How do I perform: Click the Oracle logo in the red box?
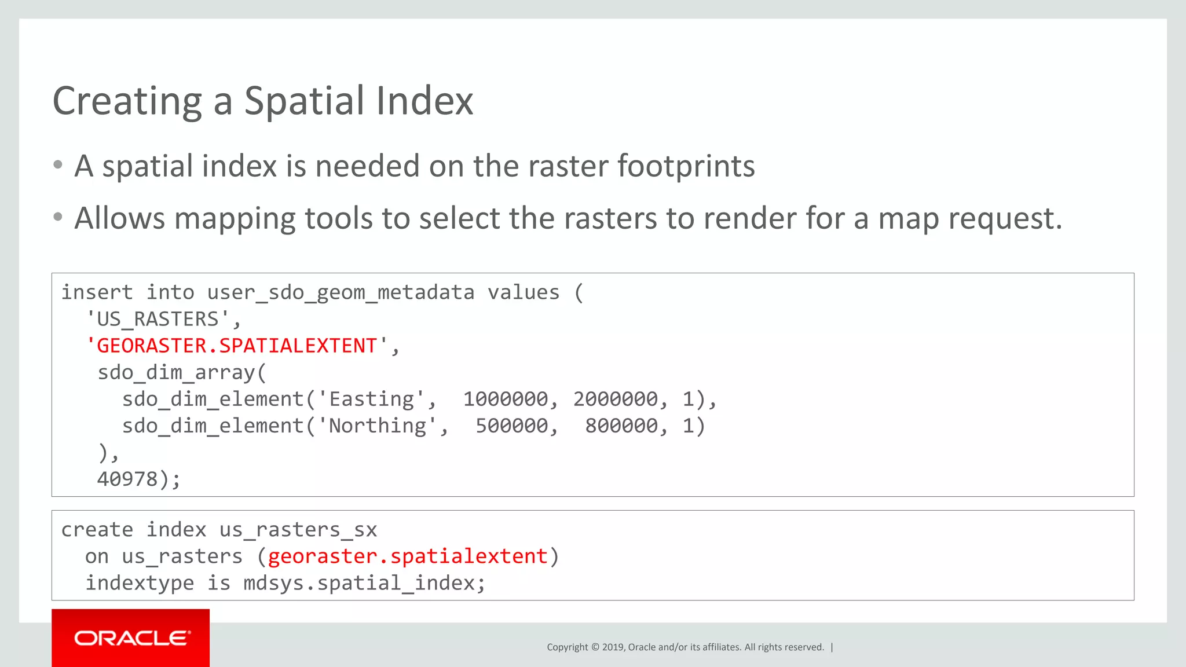[131, 638]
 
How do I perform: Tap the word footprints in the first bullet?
[686, 166]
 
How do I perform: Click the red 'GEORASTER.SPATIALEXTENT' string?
[236, 346]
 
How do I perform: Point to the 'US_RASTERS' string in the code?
[157, 319]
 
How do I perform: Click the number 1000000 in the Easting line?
[505, 399]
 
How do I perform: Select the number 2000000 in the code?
[615, 399]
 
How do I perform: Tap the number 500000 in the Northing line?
[511, 426]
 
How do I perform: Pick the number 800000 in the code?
[621, 426]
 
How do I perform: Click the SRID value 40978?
[127, 479]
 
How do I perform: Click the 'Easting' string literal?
[372, 399]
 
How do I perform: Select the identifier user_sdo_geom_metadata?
[341, 292]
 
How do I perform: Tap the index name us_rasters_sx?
[298, 530]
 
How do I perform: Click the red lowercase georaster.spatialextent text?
[408, 556]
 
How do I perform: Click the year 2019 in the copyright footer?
[613, 647]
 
